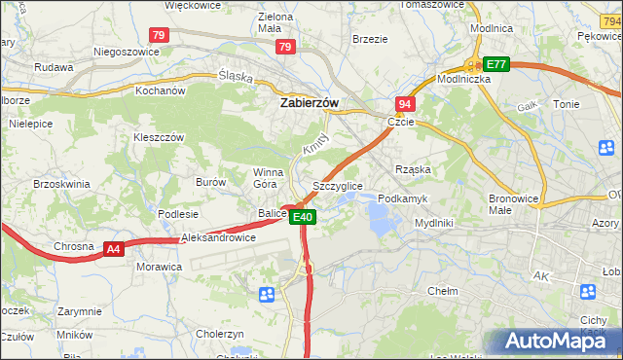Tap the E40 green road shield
[303, 217]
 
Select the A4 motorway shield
[114, 249]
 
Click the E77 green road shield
[496, 64]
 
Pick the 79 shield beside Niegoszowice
[160, 35]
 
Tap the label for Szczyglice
[338, 185]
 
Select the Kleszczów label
[159, 137]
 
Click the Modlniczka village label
[463, 79]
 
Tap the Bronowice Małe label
[514, 202]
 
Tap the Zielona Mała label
[275, 23]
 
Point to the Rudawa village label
[55, 67]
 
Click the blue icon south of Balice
[267, 294]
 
